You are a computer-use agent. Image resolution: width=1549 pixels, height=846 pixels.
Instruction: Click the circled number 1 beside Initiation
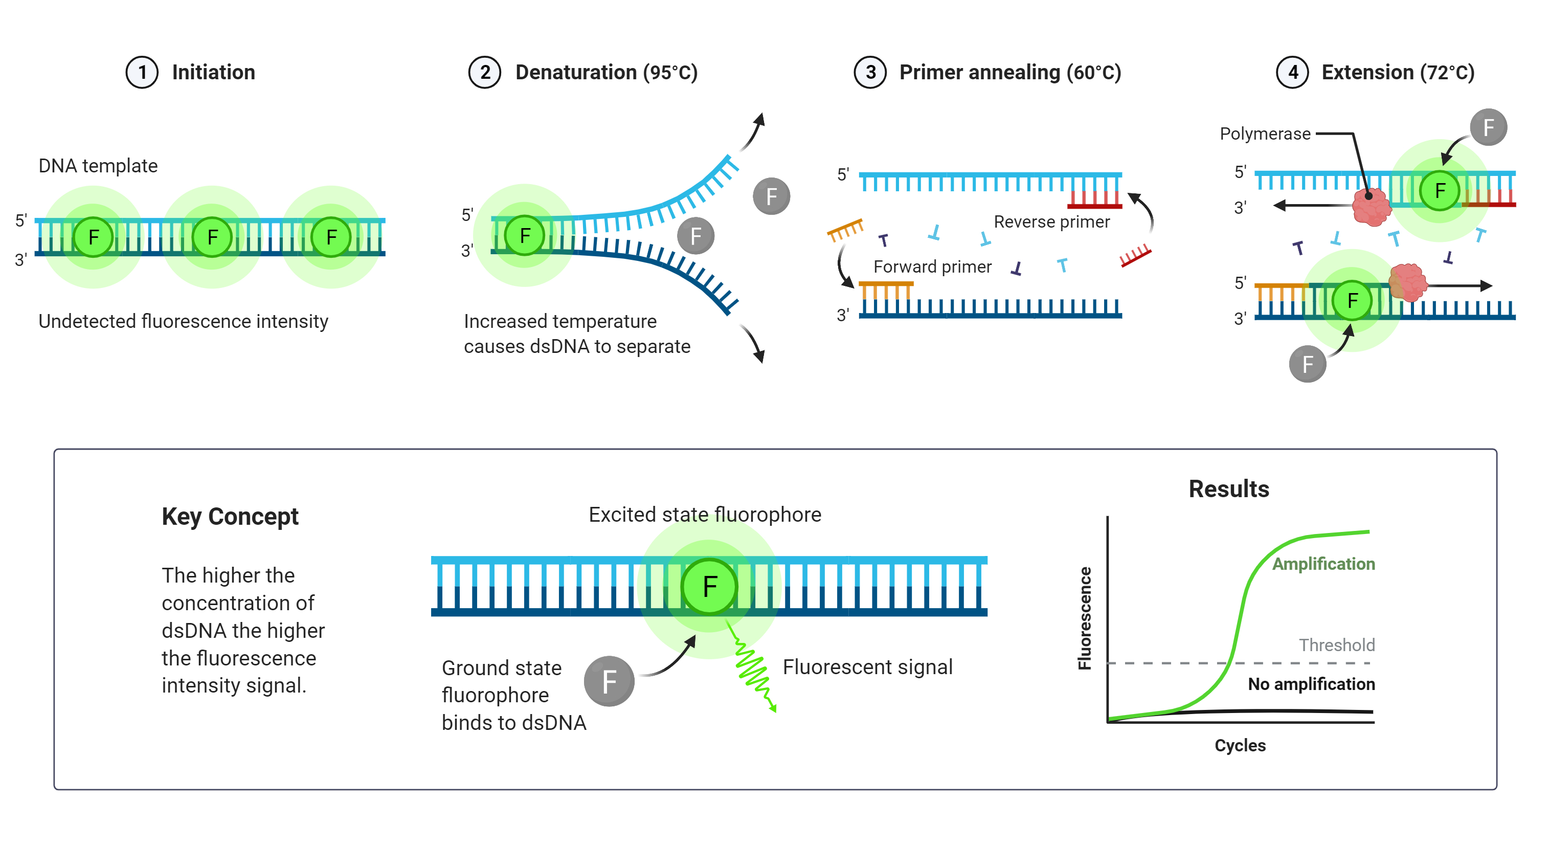click(x=142, y=73)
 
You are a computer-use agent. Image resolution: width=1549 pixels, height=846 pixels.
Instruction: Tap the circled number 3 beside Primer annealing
click(x=869, y=73)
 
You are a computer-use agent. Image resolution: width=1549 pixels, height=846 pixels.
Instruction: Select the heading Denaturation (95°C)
click(x=606, y=73)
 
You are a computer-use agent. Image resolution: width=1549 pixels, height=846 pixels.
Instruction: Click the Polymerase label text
click(x=1265, y=134)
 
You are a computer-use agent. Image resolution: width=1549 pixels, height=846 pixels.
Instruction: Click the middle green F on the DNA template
click(x=212, y=237)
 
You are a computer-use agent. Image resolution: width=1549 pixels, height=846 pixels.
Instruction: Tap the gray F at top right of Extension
click(x=1488, y=127)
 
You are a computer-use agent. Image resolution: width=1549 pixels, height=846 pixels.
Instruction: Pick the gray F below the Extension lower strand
click(x=1307, y=364)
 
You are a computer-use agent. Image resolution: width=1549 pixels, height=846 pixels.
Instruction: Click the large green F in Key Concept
click(x=709, y=586)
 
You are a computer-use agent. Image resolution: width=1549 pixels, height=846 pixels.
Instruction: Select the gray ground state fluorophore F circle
click(x=609, y=681)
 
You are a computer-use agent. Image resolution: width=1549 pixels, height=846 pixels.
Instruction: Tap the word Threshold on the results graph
click(x=1336, y=645)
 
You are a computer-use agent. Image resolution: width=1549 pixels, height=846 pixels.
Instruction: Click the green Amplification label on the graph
click(x=1323, y=564)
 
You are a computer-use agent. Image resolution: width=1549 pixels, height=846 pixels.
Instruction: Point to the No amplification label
click(x=1311, y=684)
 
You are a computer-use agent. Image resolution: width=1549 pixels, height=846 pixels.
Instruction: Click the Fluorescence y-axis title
click(x=1084, y=618)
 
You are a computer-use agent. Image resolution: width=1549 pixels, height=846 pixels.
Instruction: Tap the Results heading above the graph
click(x=1228, y=489)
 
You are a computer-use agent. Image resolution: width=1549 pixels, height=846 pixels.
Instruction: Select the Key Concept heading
click(x=230, y=517)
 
